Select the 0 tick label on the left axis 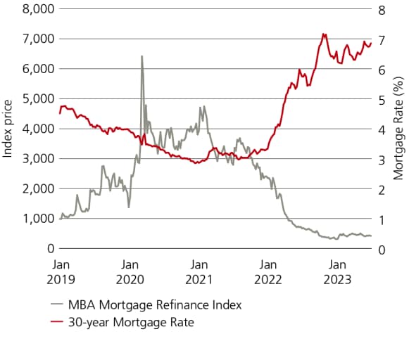click(x=50, y=249)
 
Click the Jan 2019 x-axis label click(x=61, y=271)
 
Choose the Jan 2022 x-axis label click(x=268, y=271)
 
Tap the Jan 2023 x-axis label click(x=338, y=271)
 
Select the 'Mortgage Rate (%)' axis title click(x=398, y=129)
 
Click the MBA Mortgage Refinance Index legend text click(x=155, y=305)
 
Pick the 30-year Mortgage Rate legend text click(x=131, y=322)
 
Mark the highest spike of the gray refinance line click(x=142, y=56)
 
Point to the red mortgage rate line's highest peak click(x=322, y=34)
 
